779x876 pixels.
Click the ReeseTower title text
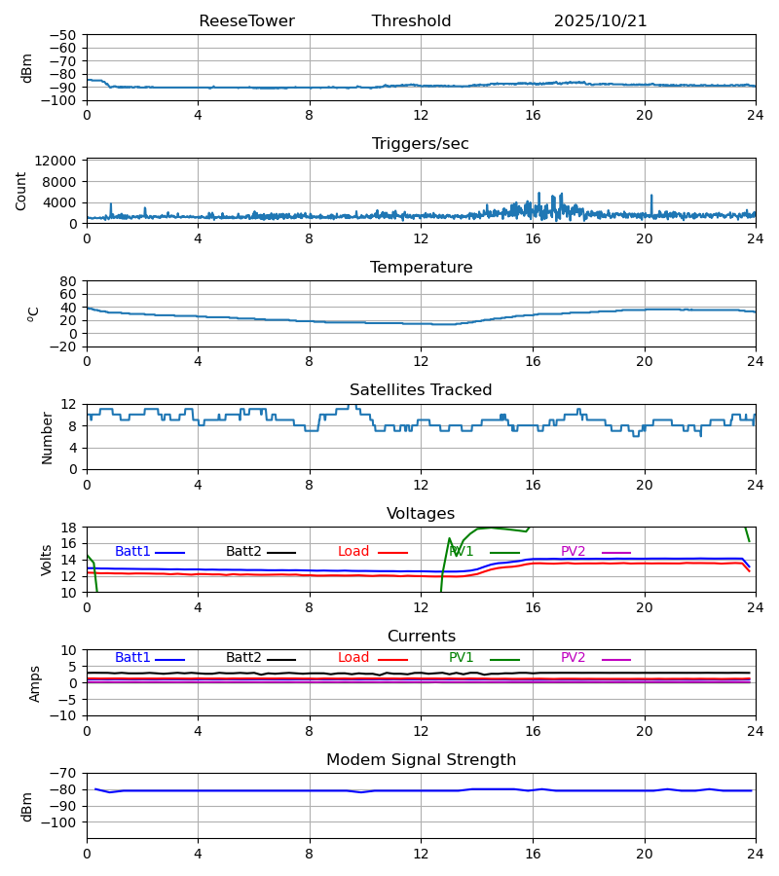(246, 21)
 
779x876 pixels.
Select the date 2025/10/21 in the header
(600, 21)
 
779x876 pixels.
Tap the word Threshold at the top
(411, 21)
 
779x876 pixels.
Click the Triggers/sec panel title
(421, 144)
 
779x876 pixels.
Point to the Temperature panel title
(421, 268)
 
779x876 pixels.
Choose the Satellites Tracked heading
(421, 390)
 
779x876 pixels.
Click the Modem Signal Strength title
(421, 760)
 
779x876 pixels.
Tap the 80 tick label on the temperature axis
(69, 281)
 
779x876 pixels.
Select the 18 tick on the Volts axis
(69, 528)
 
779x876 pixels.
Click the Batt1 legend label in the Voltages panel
(132, 552)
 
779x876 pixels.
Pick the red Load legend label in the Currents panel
(353, 658)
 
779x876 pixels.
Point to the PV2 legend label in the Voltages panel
(573, 552)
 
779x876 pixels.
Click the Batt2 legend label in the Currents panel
(243, 658)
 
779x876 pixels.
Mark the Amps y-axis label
(35, 683)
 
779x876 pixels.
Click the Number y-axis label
(48, 437)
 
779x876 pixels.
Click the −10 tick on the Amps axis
(66, 716)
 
